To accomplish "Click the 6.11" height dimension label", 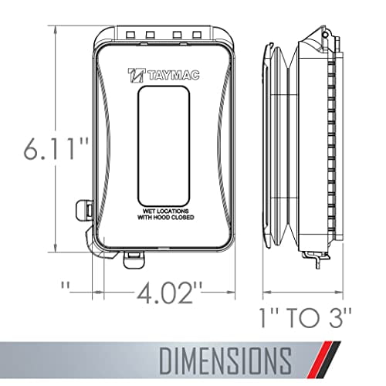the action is coord(56,149).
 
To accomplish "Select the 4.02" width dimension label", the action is coord(169,293).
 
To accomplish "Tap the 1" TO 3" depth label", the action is coord(306,317).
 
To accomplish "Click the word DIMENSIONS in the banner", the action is coord(225,361).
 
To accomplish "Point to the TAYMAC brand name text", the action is coord(174,76).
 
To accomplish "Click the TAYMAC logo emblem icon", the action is coord(137,75).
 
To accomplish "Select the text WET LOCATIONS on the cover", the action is coord(166,211).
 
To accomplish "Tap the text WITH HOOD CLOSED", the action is coord(166,218).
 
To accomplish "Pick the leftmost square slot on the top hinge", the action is coord(130,35).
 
